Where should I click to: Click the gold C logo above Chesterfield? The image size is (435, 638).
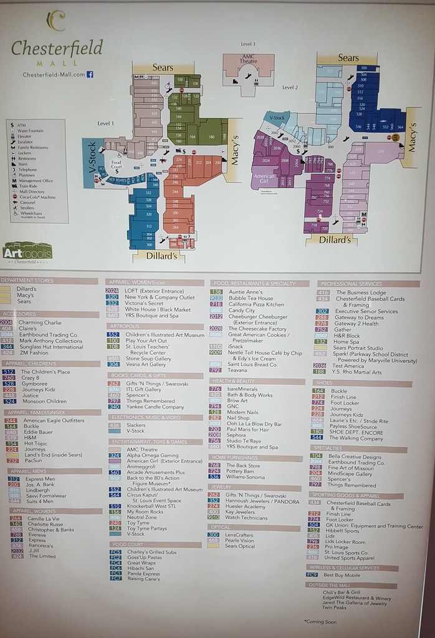click(57, 21)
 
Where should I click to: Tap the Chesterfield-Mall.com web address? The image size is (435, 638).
click(54, 75)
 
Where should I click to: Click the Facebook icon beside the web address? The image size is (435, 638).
click(90, 75)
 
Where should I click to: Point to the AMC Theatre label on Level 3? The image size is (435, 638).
click(248, 60)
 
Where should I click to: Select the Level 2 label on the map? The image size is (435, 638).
click(290, 87)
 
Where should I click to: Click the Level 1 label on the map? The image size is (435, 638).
click(106, 123)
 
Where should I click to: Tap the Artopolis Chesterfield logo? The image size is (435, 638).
click(27, 251)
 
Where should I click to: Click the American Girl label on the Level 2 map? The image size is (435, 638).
click(264, 180)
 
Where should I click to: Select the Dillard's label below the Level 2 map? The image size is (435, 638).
click(336, 239)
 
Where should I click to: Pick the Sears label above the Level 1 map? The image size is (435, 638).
click(162, 67)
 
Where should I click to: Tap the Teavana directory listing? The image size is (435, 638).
click(237, 370)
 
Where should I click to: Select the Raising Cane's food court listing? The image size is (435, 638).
click(145, 578)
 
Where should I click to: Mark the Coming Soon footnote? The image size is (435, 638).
click(320, 621)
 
